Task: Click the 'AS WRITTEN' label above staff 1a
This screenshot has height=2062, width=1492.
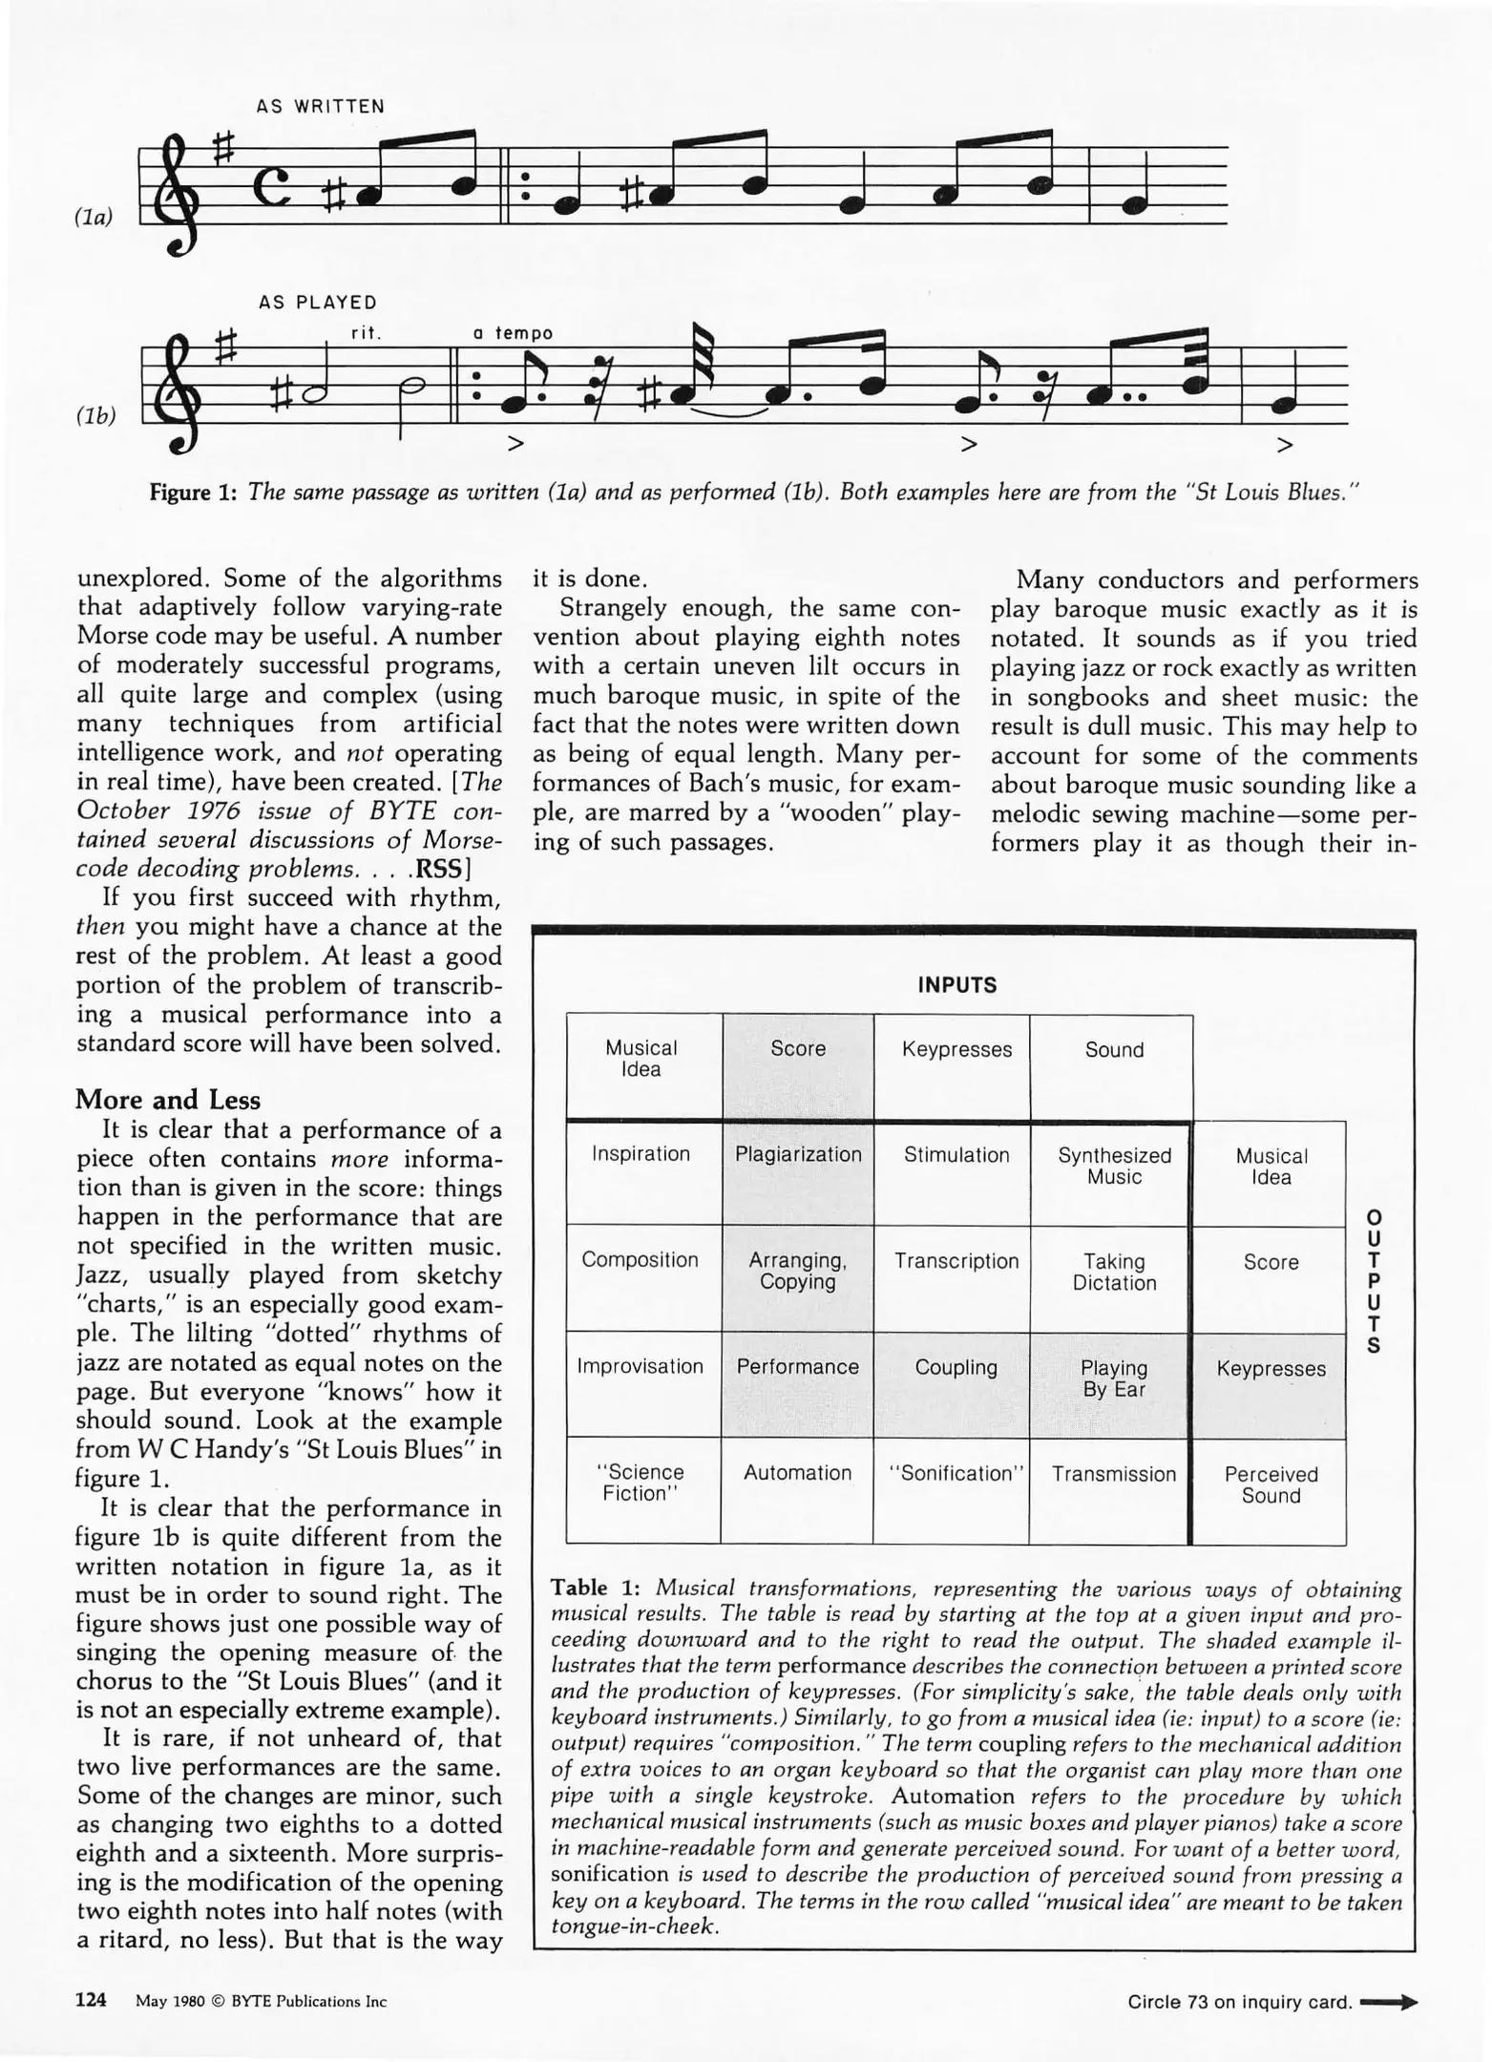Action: [320, 107]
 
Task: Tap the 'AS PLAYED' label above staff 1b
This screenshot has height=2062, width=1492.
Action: [317, 303]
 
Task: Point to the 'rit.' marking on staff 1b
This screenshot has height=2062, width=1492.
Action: [366, 333]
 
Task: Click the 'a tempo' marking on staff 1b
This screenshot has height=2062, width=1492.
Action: [513, 333]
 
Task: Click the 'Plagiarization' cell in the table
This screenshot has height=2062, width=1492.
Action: [798, 1154]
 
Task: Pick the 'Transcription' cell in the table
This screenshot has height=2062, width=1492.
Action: [956, 1261]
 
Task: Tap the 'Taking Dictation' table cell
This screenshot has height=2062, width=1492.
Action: [1114, 1272]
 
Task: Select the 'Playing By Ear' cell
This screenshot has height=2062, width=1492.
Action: [1114, 1378]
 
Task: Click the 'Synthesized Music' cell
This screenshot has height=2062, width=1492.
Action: [1114, 1166]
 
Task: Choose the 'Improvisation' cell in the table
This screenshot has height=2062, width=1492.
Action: [641, 1366]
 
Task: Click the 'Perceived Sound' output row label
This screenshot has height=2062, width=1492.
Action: [1271, 1484]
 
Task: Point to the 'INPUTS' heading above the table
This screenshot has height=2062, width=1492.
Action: [956, 985]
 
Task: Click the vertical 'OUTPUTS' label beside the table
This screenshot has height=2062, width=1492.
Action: [1374, 1282]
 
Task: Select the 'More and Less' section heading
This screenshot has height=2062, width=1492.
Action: [168, 1100]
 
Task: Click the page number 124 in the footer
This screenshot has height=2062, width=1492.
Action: [91, 2000]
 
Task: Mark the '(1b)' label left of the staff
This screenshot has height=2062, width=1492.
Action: [95, 415]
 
